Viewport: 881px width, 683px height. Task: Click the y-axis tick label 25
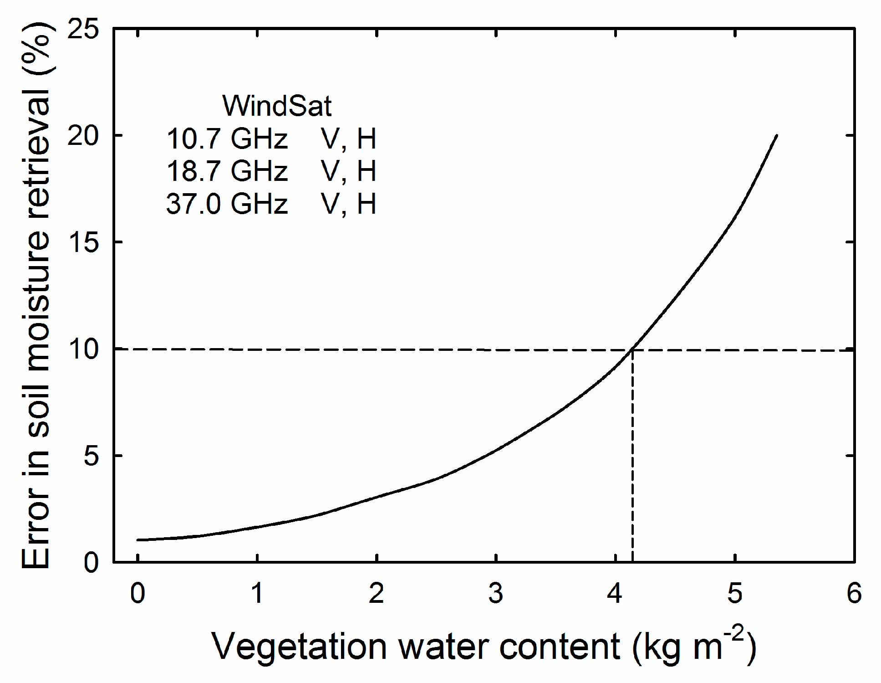click(x=83, y=30)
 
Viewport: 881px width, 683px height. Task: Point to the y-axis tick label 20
click(x=83, y=136)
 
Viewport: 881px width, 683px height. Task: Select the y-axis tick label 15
click(x=83, y=242)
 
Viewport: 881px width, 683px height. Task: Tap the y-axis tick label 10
click(x=83, y=349)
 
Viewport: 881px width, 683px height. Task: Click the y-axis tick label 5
click(x=91, y=456)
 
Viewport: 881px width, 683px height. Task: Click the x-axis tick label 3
click(x=496, y=594)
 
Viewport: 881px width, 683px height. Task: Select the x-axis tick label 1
click(x=257, y=594)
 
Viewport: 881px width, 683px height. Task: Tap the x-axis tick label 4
click(x=615, y=594)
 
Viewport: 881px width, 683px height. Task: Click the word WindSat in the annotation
click(x=277, y=106)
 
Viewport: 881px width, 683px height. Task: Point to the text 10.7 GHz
click(x=227, y=139)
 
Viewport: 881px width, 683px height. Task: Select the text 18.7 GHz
click(x=227, y=171)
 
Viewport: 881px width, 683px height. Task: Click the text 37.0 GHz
click(x=227, y=204)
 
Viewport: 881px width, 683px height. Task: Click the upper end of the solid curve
click(x=777, y=135)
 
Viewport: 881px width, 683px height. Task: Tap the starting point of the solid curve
click(x=137, y=540)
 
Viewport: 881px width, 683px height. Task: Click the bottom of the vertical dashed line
click(x=633, y=560)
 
